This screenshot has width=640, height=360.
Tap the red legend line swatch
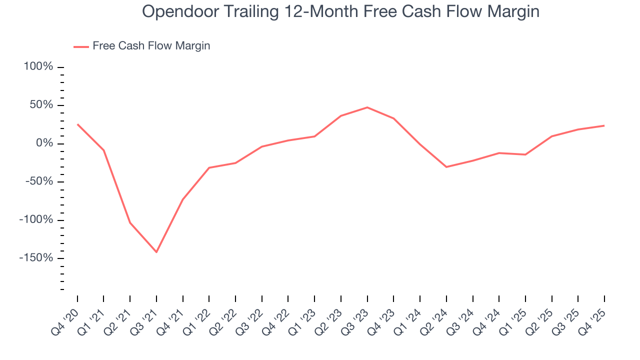tap(81, 46)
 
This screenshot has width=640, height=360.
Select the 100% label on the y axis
tap(38, 67)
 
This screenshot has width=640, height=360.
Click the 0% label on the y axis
tap(44, 143)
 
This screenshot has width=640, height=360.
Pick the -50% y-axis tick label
tap(39, 181)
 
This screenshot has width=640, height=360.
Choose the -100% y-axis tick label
tap(36, 220)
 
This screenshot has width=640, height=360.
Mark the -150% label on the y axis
tap(36, 258)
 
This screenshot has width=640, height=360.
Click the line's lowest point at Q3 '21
tap(156, 252)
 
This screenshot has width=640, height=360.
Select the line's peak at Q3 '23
tap(367, 107)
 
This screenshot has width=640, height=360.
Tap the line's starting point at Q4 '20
tap(77, 124)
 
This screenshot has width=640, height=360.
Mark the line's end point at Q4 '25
tap(604, 125)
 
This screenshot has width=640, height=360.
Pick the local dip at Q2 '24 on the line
tap(446, 166)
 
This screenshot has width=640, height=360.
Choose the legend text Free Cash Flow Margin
tap(151, 46)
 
